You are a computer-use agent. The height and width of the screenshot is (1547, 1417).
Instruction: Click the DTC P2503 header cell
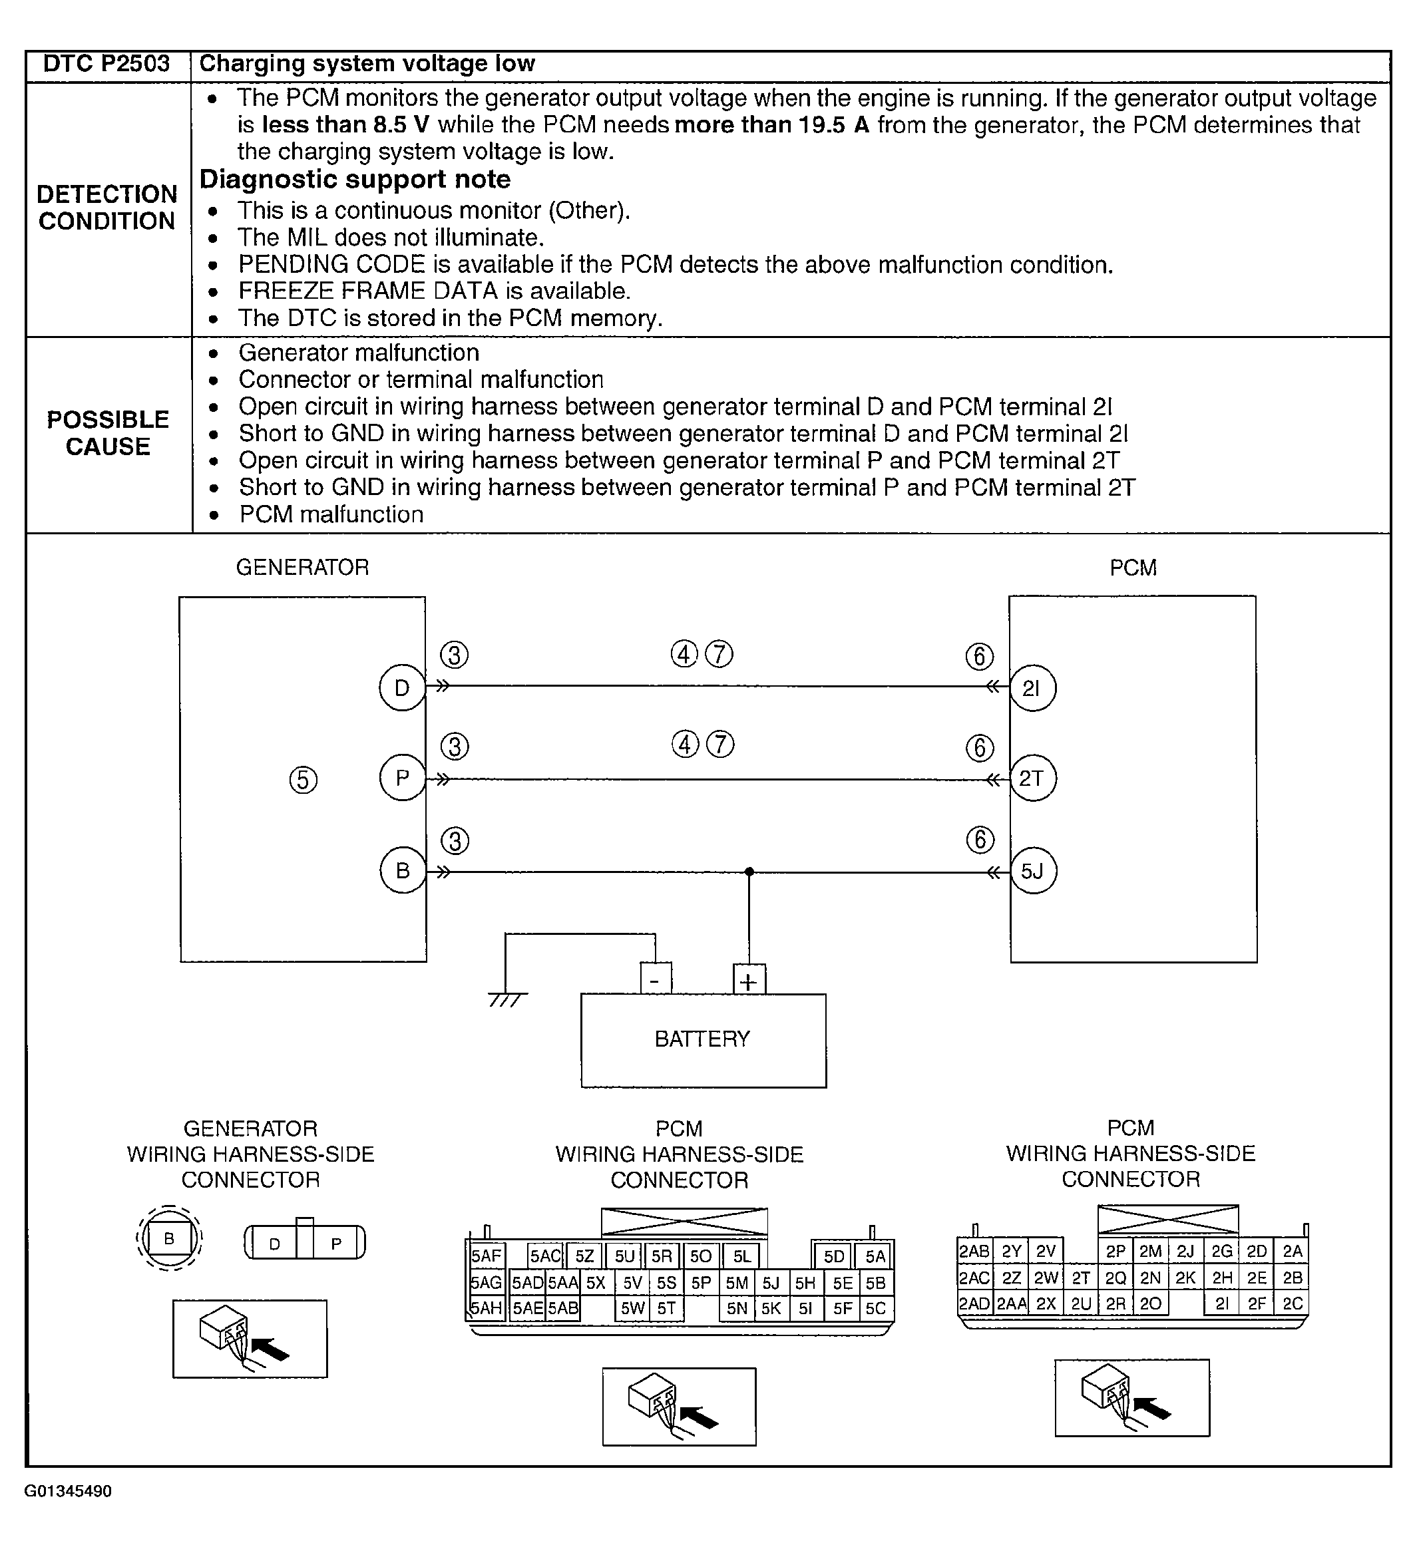tap(106, 64)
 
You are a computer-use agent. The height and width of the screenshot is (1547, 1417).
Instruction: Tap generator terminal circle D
tap(401, 688)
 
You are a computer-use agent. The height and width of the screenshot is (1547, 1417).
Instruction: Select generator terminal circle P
tap(401, 779)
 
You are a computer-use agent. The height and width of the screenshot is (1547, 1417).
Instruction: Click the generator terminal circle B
tap(402, 871)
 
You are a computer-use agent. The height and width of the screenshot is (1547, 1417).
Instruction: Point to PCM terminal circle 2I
tap(1032, 688)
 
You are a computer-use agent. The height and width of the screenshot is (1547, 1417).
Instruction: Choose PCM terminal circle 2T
tap(1032, 779)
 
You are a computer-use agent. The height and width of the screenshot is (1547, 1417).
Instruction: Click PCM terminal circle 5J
tap(1032, 871)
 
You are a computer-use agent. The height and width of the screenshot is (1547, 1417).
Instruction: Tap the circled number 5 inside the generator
tap(304, 780)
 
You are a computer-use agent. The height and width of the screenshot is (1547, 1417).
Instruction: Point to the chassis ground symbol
tap(506, 999)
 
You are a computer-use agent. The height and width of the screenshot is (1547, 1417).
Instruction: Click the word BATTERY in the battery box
tap(702, 1039)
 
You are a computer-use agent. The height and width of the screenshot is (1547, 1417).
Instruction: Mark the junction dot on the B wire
tap(749, 872)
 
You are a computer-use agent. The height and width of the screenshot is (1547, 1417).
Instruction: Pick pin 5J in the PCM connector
tap(770, 1284)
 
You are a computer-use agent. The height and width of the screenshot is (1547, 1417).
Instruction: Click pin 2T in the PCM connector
tap(1081, 1278)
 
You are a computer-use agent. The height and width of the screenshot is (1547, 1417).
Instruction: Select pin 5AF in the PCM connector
tap(486, 1257)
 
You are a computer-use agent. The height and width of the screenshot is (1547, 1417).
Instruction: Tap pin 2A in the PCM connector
tap(1293, 1252)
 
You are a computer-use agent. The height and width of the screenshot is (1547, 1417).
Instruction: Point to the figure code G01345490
tap(69, 1491)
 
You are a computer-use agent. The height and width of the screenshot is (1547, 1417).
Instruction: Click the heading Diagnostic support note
tap(355, 180)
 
